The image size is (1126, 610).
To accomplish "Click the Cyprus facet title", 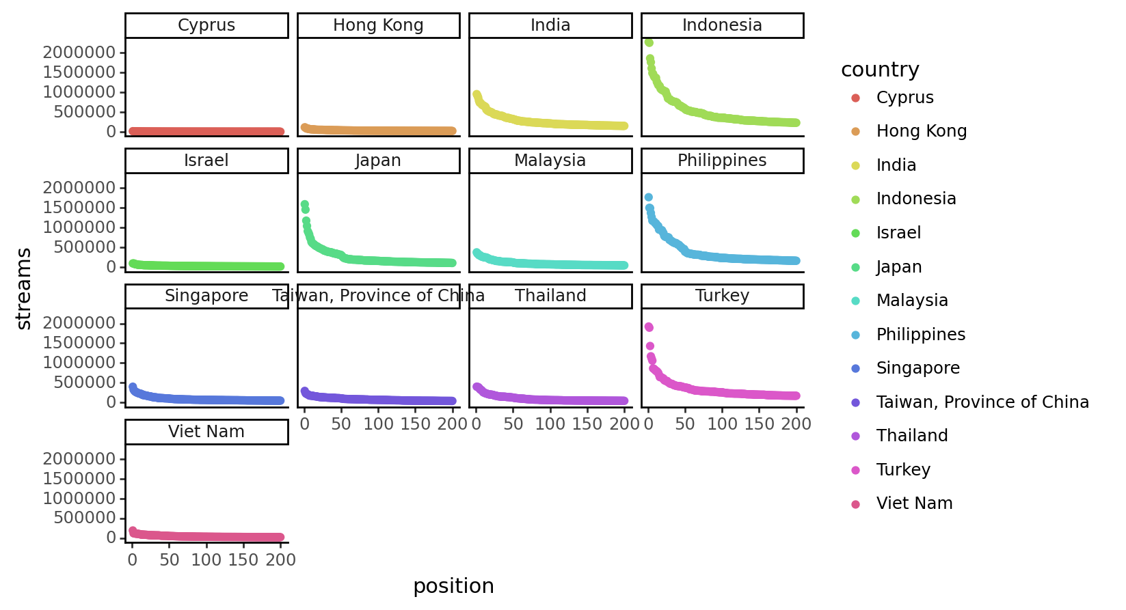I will coord(206,25).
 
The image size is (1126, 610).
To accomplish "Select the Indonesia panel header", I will coord(722,25).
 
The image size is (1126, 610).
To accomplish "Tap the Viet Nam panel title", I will coord(206,432).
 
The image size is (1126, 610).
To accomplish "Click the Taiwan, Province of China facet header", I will coord(378,296).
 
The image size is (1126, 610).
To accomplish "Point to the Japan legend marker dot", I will coord(855,267).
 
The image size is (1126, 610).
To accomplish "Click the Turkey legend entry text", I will coord(903,470).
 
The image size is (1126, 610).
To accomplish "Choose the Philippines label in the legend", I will coord(920,335).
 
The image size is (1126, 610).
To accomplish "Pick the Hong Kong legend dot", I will coord(855,131).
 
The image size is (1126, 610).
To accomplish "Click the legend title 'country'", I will coord(879,70).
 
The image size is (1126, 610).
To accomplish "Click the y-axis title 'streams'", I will coord(24,289).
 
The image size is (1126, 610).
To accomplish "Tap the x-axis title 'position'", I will coord(453,586).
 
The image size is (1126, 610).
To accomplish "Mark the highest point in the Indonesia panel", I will coord(649,43).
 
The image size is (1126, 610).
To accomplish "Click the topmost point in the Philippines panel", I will coord(648,197).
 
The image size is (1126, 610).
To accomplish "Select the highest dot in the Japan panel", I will coord(305,204).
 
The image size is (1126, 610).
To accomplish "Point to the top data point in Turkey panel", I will coord(648,327).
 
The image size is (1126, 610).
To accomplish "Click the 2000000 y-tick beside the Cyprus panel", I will coord(79,53).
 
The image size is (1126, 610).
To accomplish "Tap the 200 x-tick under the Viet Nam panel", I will coord(280,560).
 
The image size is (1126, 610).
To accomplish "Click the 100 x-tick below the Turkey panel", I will coord(722,424).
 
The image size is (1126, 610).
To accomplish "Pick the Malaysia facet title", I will coord(550,161).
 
